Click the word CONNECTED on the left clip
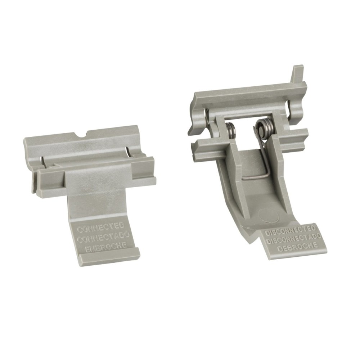pos(101,227)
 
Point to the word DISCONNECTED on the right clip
pos(290,230)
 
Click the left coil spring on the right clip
pos(230,128)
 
